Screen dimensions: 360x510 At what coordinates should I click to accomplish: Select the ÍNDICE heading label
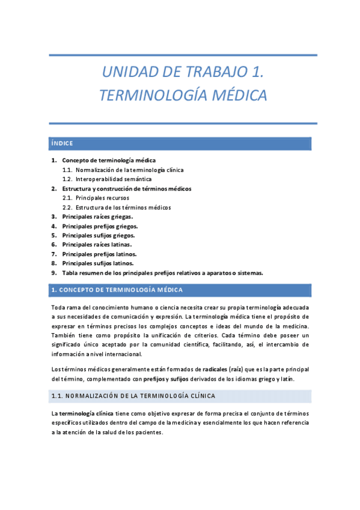pos(63,143)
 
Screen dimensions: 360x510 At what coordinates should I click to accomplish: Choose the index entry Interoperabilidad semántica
pos(114,179)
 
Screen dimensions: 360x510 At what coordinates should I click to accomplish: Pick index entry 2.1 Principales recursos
pos(102,197)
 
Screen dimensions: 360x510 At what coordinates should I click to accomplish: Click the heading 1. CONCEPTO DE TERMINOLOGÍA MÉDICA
pos(117,290)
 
